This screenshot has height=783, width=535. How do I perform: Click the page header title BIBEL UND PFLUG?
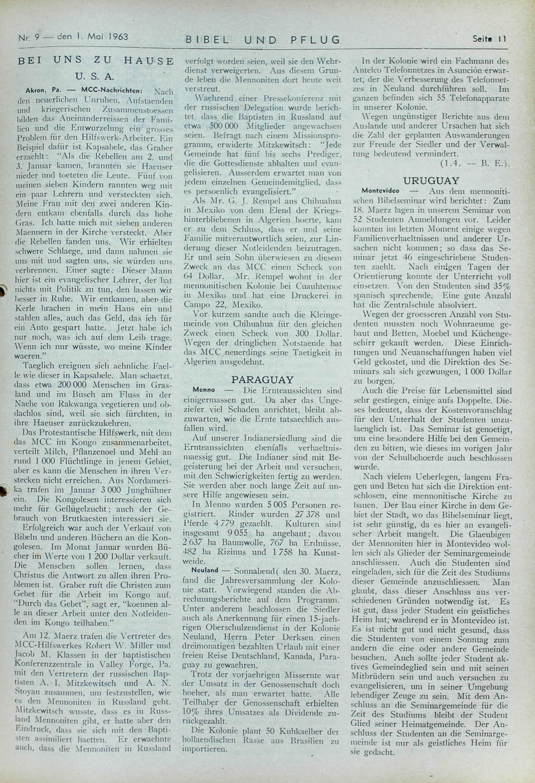click(263, 40)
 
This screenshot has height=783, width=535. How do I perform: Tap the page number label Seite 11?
click(489, 39)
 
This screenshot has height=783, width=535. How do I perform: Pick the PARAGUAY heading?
click(263, 379)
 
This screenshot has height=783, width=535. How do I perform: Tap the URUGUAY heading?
click(431, 181)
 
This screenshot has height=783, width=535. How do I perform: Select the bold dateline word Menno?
click(202, 389)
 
